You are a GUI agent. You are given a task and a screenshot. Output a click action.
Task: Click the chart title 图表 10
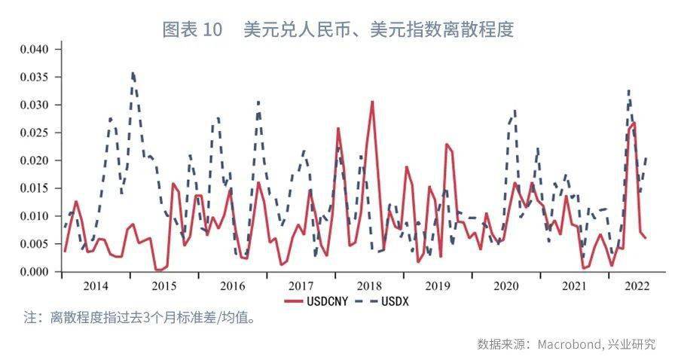pyautogui.click(x=193, y=29)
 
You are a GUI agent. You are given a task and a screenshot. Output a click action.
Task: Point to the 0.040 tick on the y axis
pyautogui.click(x=33, y=50)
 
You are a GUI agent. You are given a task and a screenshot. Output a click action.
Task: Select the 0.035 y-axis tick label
pyautogui.click(x=33, y=77)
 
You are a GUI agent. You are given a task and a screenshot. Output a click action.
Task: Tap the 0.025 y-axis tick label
pyautogui.click(x=33, y=133)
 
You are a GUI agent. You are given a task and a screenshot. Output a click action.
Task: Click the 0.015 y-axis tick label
pyautogui.click(x=33, y=188)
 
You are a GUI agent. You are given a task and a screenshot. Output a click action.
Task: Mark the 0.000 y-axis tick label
pyautogui.click(x=33, y=271)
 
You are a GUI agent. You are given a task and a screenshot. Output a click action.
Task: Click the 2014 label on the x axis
pyautogui.click(x=96, y=286)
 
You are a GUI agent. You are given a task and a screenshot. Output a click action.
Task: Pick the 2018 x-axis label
pyautogui.click(x=369, y=286)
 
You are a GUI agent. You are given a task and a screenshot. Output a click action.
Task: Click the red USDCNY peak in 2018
pyautogui.click(x=372, y=102)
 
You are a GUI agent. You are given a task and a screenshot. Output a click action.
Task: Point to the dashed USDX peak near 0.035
pyautogui.click(x=133, y=73)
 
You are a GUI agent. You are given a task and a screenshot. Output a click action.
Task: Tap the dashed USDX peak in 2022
pyautogui.click(x=628, y=90)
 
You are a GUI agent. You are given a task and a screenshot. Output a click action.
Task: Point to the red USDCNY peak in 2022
pyautogui.click(x=634, y=123)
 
